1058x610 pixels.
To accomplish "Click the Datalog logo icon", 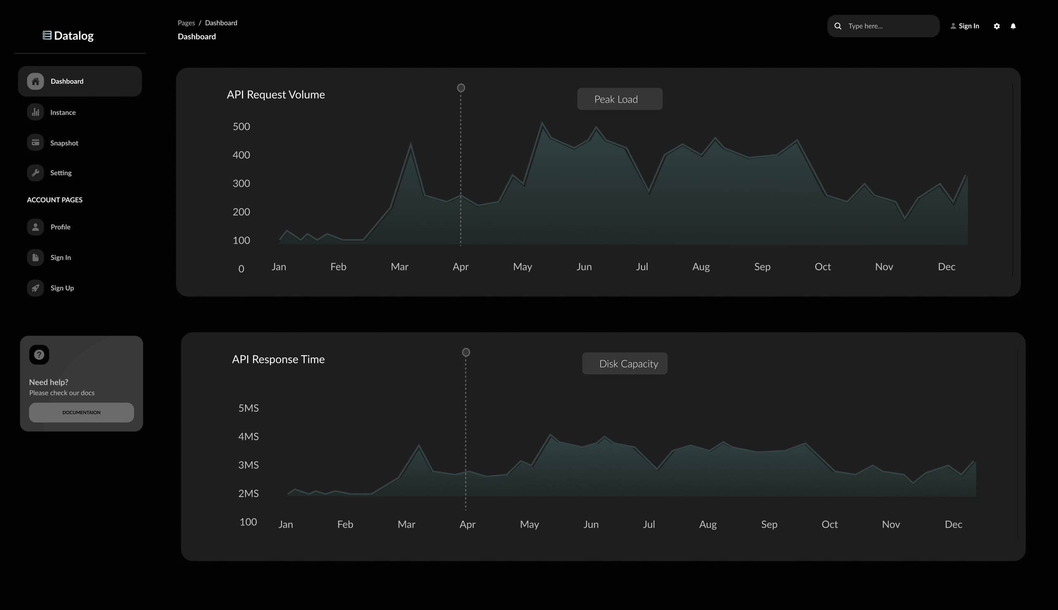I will pos(47,35).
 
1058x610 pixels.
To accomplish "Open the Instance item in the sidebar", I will pos(63,112).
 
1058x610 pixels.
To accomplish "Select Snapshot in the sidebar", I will pos(64,143).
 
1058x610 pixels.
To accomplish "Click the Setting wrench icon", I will pos(36,173).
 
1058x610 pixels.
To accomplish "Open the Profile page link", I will pos(60,226).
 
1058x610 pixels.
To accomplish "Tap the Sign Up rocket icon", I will pos(36,288).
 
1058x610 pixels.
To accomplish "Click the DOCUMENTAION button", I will pos(81,412).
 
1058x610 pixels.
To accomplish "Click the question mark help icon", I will pos(39,355).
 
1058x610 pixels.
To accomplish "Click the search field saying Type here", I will pos(888,26).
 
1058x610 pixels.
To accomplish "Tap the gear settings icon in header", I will pos(997,26).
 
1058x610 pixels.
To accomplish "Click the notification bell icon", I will pos(1013,26).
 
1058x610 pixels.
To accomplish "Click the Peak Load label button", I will pos(620,99).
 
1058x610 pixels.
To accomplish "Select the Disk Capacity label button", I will pos(624,363).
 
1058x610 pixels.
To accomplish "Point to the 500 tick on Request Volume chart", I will pos(241,126).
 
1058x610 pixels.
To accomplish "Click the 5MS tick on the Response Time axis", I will pos(248,408).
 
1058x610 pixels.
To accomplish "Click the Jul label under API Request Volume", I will pos(642,267).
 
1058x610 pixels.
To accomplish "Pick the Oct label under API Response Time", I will pos(829,524).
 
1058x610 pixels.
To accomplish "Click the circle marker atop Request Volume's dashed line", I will pos(461,88).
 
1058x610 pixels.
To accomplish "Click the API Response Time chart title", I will pos(278,359).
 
